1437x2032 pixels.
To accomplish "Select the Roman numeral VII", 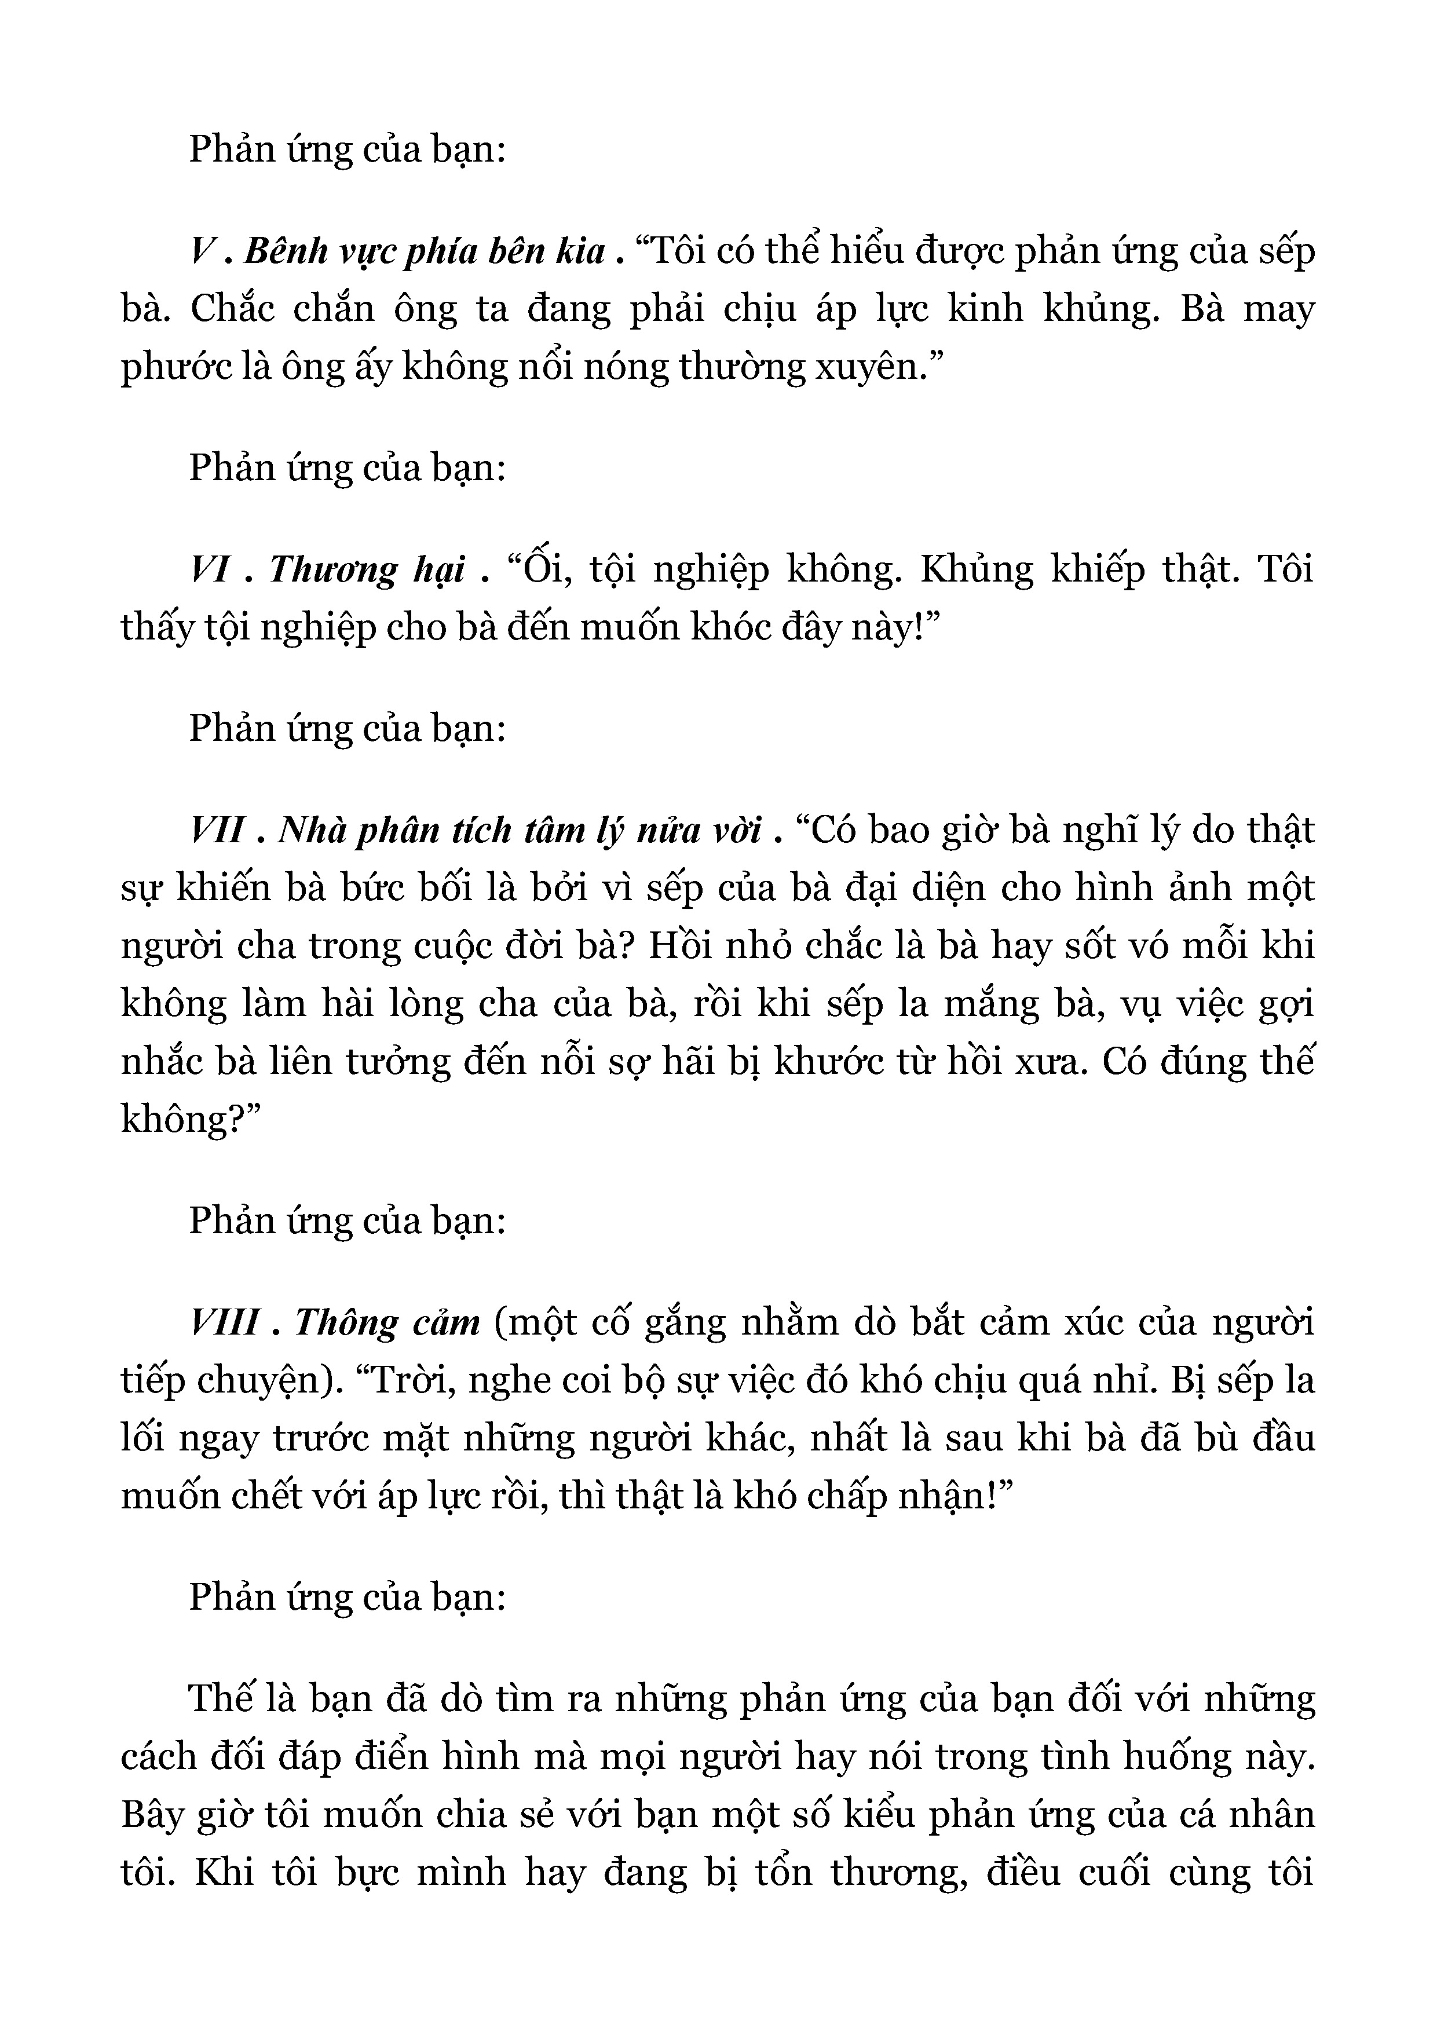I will [217, 830].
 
